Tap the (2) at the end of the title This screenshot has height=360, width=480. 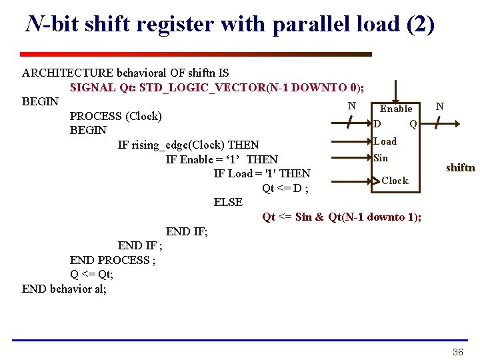[420, 25]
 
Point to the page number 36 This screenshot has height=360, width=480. [458, 352]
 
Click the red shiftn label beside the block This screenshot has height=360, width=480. [461, 167]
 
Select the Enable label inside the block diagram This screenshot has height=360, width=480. [396, 109]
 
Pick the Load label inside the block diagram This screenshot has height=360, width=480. [385, 141]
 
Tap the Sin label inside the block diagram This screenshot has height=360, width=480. [381, 158]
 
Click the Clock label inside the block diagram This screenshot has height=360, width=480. [395, 181]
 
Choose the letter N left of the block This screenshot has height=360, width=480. [351, 105]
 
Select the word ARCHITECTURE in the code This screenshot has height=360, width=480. [67, 73]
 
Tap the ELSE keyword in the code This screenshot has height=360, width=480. [228, 202]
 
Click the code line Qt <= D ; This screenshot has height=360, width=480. [285, 188]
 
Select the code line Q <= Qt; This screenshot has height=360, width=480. [91, 274]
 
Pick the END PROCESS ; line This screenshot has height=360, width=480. [113, 260]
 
